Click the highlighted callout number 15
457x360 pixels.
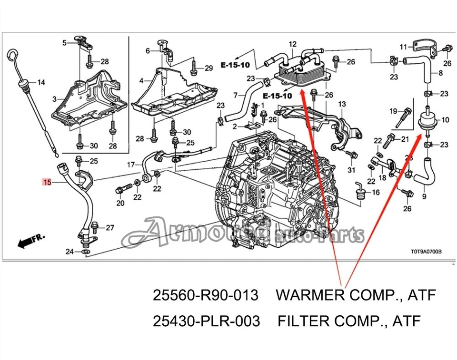tap(47, 182)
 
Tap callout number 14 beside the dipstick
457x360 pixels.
tap(41, 83)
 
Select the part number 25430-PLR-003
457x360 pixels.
tap(206, 321)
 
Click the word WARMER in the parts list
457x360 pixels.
tap(313, 296)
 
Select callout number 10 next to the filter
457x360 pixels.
tap(446, 119)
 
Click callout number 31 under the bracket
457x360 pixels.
tap(351, 170)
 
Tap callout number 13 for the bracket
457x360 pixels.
tap(342, 104)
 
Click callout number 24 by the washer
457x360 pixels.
tap(70, 252)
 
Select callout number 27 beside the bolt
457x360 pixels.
tap(110, 228)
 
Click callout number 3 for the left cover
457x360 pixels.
tap(54, 99)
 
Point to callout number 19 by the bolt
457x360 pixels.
tap(393, 111)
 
